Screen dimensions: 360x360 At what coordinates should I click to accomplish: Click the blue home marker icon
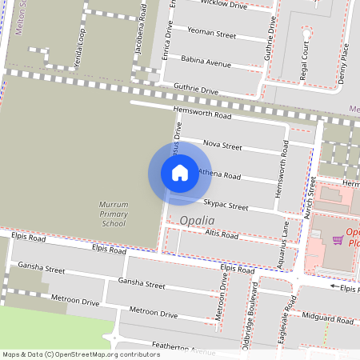180,173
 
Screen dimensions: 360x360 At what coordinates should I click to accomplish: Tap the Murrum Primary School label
113,214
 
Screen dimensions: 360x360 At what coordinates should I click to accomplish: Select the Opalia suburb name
197,221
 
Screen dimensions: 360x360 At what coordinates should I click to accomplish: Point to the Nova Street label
222,146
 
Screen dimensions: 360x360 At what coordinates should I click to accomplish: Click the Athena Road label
219,174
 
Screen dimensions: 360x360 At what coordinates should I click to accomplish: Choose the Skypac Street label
226,205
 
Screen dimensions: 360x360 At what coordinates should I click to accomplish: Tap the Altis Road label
221,235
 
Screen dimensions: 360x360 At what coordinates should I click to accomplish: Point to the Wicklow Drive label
224,5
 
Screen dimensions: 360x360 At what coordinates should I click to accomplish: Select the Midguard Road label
328,319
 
